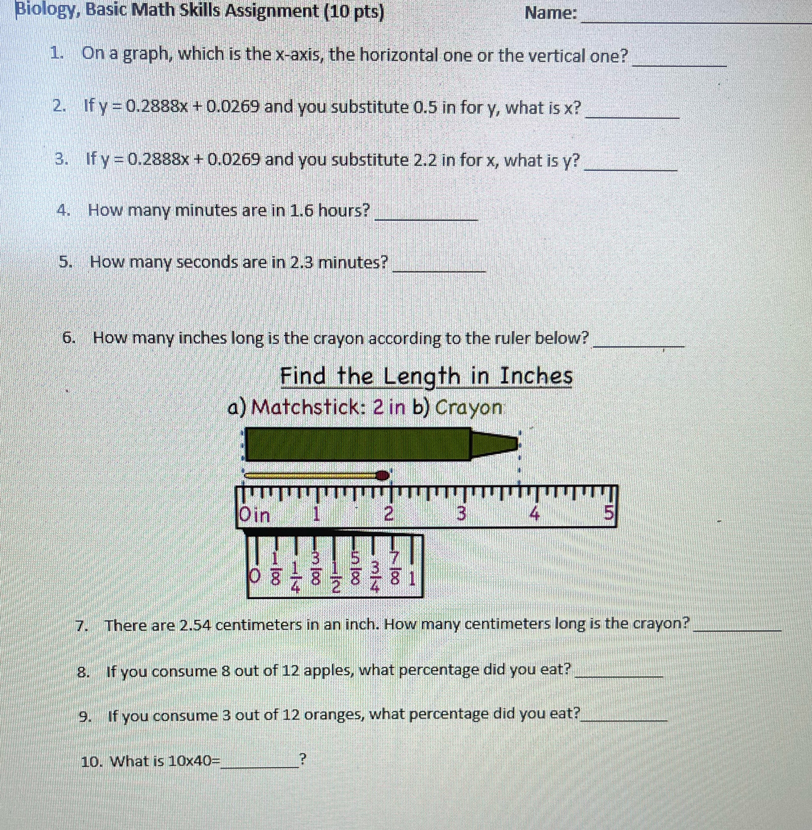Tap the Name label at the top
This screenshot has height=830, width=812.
click(551, 14)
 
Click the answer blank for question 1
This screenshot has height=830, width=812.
click(679, 62)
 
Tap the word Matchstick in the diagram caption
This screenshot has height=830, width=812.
click(305, 408)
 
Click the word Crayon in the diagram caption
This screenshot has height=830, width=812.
click(468, 408)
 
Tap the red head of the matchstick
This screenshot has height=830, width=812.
click(383, 475)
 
